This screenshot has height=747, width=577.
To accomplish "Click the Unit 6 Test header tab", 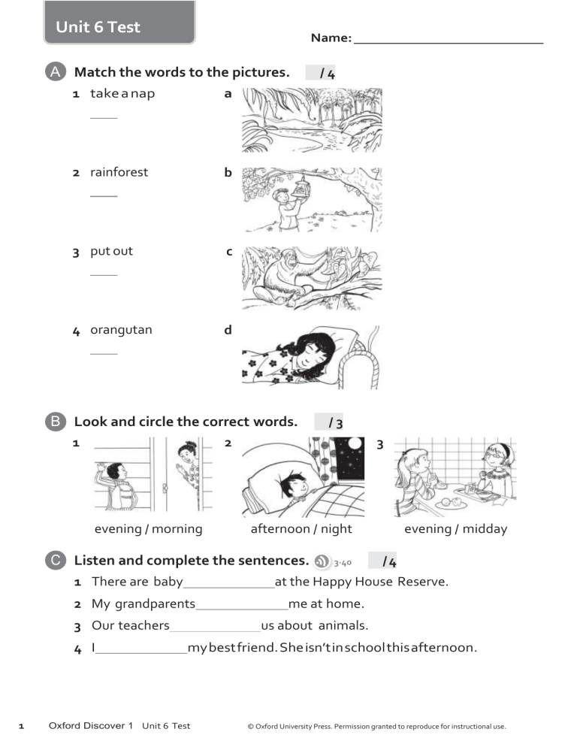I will click(x=98, y=28).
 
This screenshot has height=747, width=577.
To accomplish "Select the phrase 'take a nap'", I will click(x=122, y=94).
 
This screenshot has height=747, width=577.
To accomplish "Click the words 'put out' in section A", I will click(x=111, y=251).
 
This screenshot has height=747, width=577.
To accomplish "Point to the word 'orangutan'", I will click(x=121, y=330).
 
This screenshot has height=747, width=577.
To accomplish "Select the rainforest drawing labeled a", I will click(x=312, y=120).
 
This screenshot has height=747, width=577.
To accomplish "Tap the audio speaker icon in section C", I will click(x=322, y=561).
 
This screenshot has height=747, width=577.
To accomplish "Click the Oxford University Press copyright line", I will click(x=376, y=727).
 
